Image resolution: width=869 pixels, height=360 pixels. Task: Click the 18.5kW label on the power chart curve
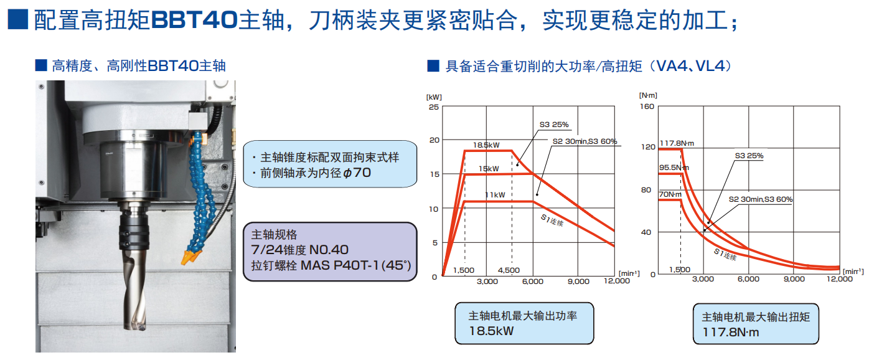pos(486,145)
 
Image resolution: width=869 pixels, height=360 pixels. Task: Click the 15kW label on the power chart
pos(488,169)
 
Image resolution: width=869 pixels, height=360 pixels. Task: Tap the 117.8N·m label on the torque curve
pos(676,143)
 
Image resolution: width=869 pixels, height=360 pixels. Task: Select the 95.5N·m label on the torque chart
pos(674,168)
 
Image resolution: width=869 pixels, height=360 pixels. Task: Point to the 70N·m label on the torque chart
pos(671,194)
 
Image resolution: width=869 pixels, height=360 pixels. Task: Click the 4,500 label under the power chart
pos(509,270)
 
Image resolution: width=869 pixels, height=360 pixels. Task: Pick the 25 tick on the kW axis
pos(434,107)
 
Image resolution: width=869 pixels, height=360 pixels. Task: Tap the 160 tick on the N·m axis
pos(647,107)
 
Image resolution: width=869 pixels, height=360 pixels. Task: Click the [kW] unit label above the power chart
pos(434,97)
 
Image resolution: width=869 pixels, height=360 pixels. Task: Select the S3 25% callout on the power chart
pos(554,125)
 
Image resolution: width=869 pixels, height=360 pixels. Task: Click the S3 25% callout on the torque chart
pos(749,156)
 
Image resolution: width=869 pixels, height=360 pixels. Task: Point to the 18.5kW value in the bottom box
pos(492,331)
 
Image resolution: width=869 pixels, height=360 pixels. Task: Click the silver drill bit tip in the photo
pos(136,323)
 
